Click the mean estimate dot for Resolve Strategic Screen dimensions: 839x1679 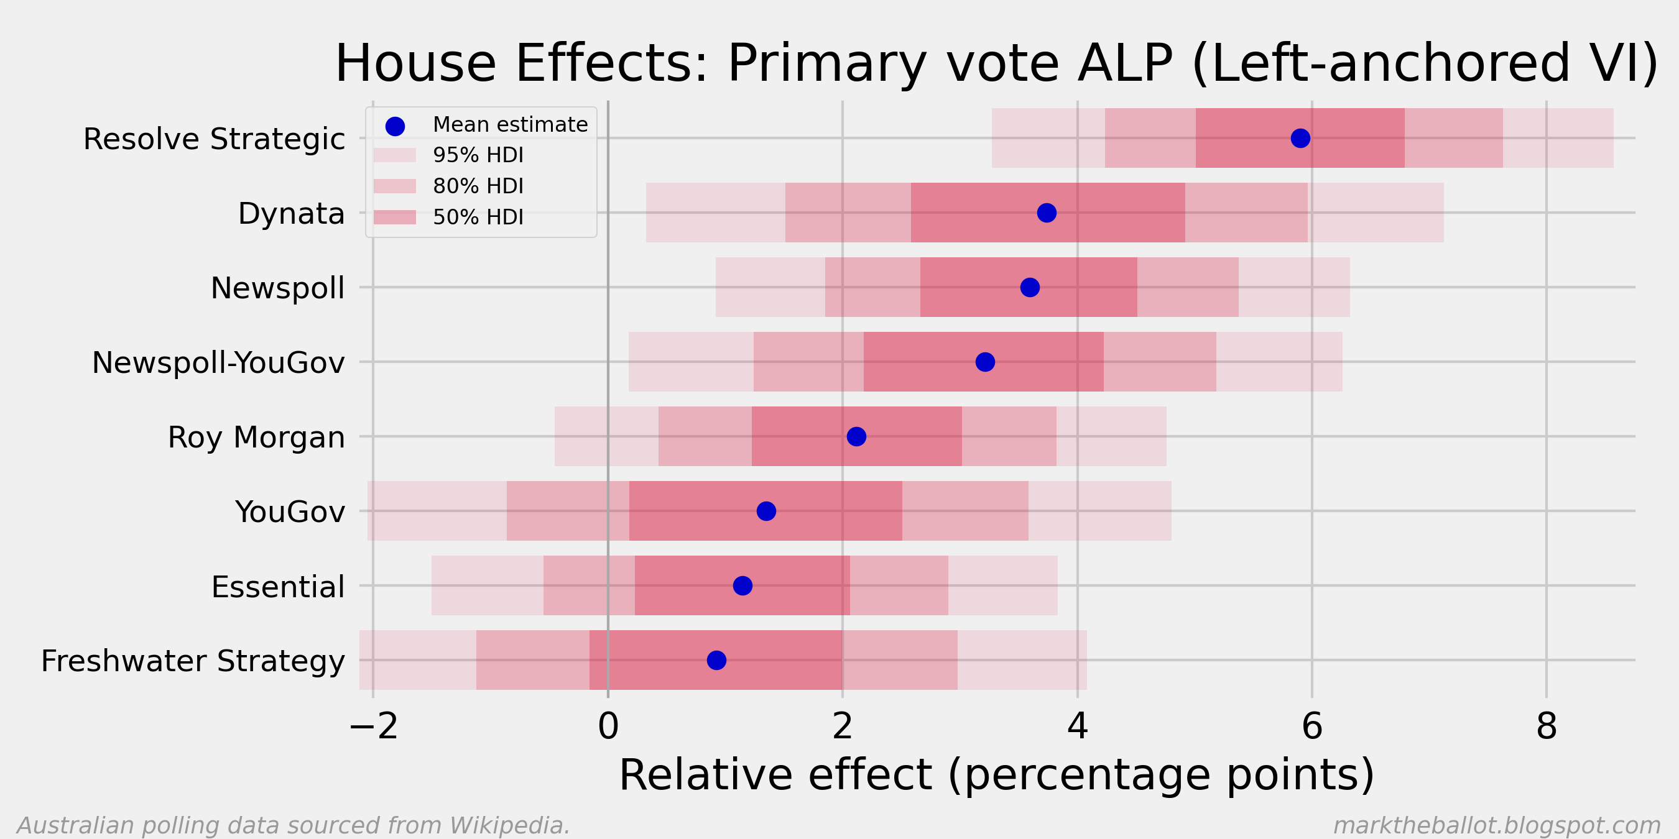click(x=1300, y=138)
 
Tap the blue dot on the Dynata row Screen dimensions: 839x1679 click(x=1047, y=213)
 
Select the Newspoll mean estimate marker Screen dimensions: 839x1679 click(x=1030, y=287)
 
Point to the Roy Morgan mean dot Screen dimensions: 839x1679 click(x=856, y=436)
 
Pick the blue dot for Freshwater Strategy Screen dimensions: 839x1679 click(x=716, y=661)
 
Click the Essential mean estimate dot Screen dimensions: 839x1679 click(x=742, y=585)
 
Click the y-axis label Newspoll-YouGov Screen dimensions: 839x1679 click(x=218, y=363)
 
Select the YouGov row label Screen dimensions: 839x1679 click(x=290, y=512)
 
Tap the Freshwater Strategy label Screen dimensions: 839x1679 click(x=193, y=661)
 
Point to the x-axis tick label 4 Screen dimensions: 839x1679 click(x=1078, y=727)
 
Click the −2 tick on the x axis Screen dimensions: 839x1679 click(x=374, y=727)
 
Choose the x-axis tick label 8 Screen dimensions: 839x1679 click(x=1547, y=727)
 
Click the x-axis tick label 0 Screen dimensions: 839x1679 click(x=608, y=727)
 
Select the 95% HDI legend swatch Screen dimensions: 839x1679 click(x=394, y=155)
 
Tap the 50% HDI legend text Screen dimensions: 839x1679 click(x=478, y=218)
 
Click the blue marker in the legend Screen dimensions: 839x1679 click(x=395, y=126)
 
